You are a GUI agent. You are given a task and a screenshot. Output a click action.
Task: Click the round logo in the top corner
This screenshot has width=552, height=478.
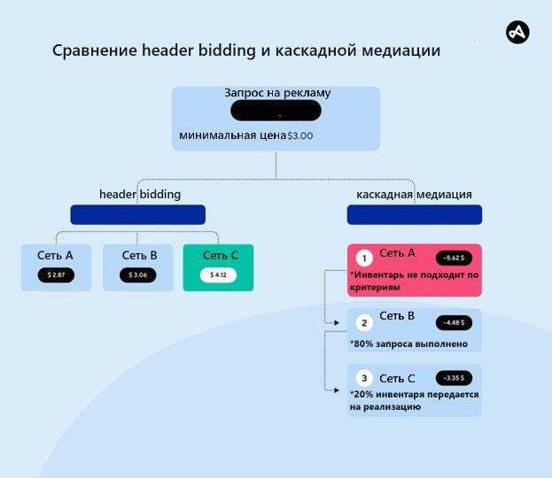(x=517, y=33)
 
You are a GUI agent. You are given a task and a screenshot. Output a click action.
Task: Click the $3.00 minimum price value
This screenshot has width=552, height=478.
(x=300, y=136)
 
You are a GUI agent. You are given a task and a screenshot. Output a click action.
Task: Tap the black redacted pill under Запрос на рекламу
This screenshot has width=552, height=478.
(x=276, y=112)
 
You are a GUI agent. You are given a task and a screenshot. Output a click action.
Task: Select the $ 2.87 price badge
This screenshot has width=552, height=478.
(x=56, y=275)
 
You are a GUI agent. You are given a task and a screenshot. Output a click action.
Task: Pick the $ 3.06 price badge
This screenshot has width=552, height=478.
(x=137, y=275)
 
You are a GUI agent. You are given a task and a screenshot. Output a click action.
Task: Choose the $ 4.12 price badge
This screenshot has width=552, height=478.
(x=218, y=275)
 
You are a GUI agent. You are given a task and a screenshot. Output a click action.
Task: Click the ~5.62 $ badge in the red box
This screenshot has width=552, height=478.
(x=454, y=258)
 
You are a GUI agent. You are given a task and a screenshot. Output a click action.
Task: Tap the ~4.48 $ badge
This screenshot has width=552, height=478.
(x=454, y=321)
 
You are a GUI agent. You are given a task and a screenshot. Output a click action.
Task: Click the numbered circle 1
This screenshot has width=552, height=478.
(x=363, y=258)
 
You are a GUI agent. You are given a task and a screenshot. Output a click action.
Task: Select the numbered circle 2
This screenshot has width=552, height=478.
(x=363, y=322)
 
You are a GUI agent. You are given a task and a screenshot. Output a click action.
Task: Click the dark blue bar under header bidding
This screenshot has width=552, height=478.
(x=137, y=214)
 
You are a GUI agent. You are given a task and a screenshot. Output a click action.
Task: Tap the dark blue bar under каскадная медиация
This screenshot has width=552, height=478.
(x=414, y=214)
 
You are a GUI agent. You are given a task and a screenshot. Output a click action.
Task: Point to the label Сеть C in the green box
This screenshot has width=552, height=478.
(x=221, y=256)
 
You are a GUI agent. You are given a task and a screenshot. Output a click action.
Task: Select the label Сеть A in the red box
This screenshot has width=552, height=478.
(x=397, y=253)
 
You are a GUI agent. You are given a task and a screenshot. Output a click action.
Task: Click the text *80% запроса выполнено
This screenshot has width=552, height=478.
(x=408, y=343)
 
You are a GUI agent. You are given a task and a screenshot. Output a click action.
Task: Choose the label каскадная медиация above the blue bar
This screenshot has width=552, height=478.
(x=414, y=194)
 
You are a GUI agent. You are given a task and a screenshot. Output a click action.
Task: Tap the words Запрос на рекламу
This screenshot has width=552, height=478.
(x=277, y=93)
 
